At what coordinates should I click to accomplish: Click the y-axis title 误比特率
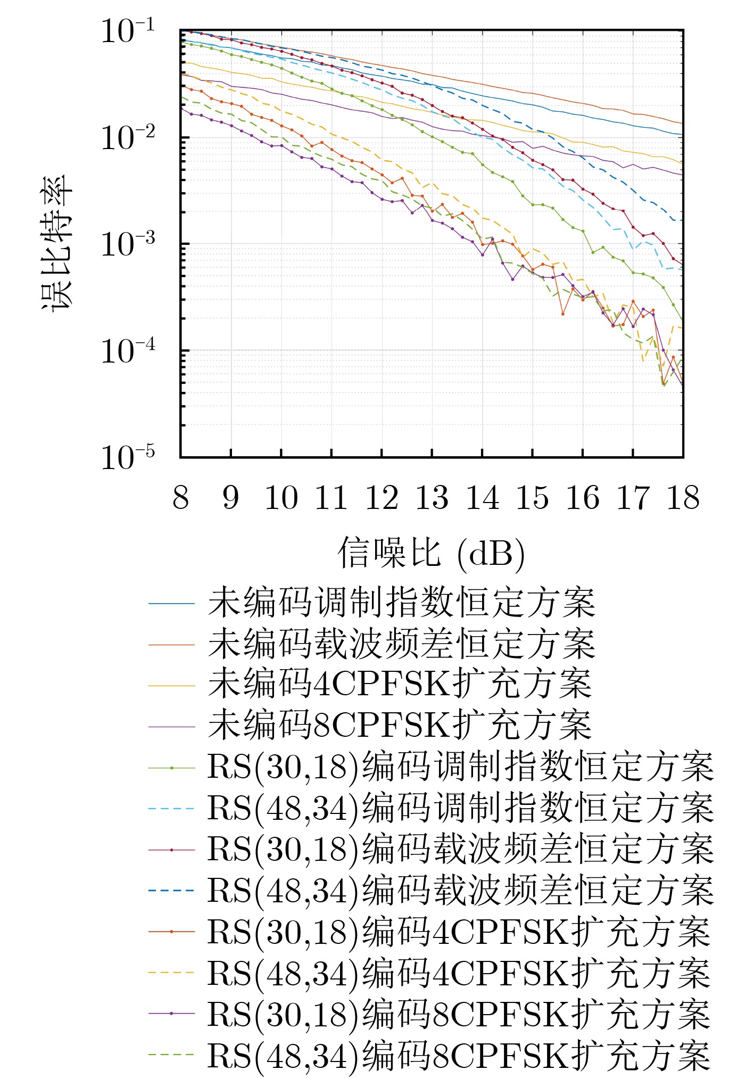click(57, 242)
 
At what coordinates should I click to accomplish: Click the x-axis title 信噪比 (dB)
click(432, 553)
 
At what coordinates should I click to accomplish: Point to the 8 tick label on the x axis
click(180, 498)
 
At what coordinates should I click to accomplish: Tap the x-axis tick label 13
click(432, 498)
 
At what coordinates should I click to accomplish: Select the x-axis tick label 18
click(683, 498)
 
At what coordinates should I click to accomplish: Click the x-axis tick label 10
click(281, 498)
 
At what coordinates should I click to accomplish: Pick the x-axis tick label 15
click(532, 498)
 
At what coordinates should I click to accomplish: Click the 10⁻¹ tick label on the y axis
click(128, 31)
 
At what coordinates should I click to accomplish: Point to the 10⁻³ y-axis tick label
click(128, 244)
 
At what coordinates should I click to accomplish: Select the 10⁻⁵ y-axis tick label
click(128, 457)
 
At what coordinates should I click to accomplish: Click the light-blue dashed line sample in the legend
click(171, 809)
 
